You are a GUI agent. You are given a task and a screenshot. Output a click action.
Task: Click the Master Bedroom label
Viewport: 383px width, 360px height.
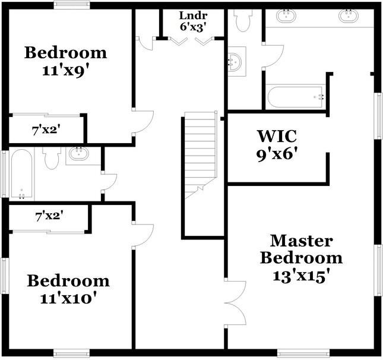[301, 250]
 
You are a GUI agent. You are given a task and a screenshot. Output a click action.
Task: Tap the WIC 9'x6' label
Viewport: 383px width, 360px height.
[277, 145]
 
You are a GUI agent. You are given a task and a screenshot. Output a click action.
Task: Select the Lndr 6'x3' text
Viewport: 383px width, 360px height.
[193, 21]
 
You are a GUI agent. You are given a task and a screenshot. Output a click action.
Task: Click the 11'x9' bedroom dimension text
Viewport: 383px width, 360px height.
[65, 71]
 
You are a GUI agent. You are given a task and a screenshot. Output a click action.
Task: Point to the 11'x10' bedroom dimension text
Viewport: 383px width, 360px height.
[68, 298]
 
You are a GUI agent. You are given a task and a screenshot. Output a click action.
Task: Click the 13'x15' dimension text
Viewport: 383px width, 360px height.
[302, 276]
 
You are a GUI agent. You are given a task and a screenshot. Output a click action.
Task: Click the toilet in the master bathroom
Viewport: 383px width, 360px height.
[242, 20]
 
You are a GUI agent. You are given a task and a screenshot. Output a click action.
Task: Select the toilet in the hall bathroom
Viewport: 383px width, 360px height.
[52, 158]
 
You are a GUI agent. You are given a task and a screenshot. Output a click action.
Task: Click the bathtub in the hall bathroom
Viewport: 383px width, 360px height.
[22, 173]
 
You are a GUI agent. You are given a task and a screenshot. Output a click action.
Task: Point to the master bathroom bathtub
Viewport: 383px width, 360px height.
[296, 97]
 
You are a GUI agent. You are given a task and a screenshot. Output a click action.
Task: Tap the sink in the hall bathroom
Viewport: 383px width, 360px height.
[78, 153]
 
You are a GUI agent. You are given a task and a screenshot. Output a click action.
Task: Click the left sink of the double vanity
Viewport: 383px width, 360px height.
[286, 16]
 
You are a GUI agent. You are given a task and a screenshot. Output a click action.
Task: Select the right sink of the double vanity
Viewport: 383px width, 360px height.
[349, 15]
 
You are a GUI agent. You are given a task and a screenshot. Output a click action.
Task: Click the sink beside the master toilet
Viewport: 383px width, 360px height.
[236, 61]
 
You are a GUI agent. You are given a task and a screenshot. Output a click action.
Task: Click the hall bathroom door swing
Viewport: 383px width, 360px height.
[109, 182]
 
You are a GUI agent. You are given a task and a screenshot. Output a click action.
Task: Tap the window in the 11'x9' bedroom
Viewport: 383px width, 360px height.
[72, 5]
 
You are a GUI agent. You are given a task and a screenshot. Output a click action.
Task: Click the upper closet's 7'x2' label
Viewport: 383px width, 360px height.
[46, 130]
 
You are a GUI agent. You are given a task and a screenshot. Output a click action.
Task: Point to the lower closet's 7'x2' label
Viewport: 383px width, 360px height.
[49, 216]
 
